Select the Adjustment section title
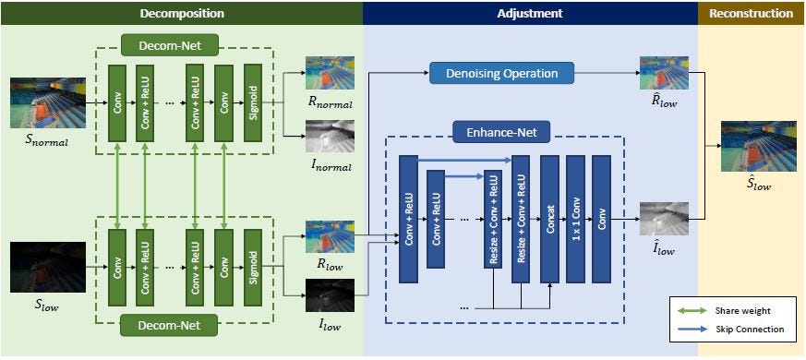(529, 13)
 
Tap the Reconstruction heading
(751, 13)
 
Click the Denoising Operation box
(501, 73)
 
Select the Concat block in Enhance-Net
(549, 218)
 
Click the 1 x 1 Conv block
(575, 218)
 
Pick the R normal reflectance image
(331, 73)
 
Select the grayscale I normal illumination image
(331, 138)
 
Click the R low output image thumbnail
(331, 236)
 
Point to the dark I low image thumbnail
(331, 299)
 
